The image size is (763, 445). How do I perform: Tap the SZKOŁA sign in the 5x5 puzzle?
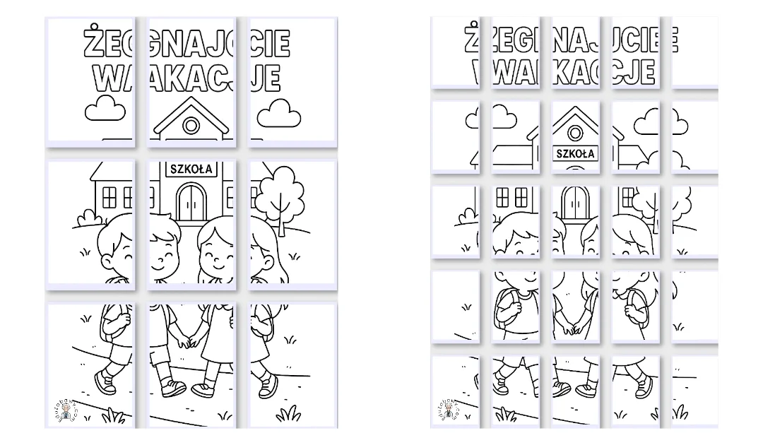575,153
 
